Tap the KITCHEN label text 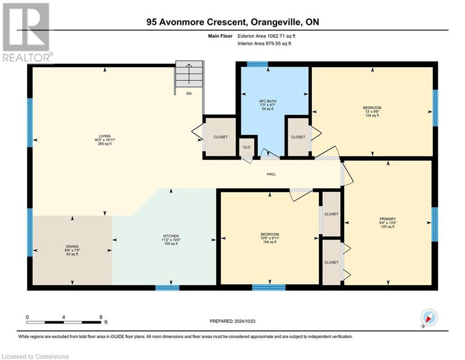[171, 236]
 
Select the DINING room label [72, 247]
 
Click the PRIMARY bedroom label [388, 219]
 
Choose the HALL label [271, 174]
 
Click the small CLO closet [247, 147]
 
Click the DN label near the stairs [189, 94]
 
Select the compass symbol [429, 317]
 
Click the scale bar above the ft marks [64, 322]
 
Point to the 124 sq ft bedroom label [372, 108]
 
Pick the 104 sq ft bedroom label [270, 234]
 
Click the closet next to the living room [221, 137]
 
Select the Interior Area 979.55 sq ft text [265, 44]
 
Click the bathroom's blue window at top [257, 64]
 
